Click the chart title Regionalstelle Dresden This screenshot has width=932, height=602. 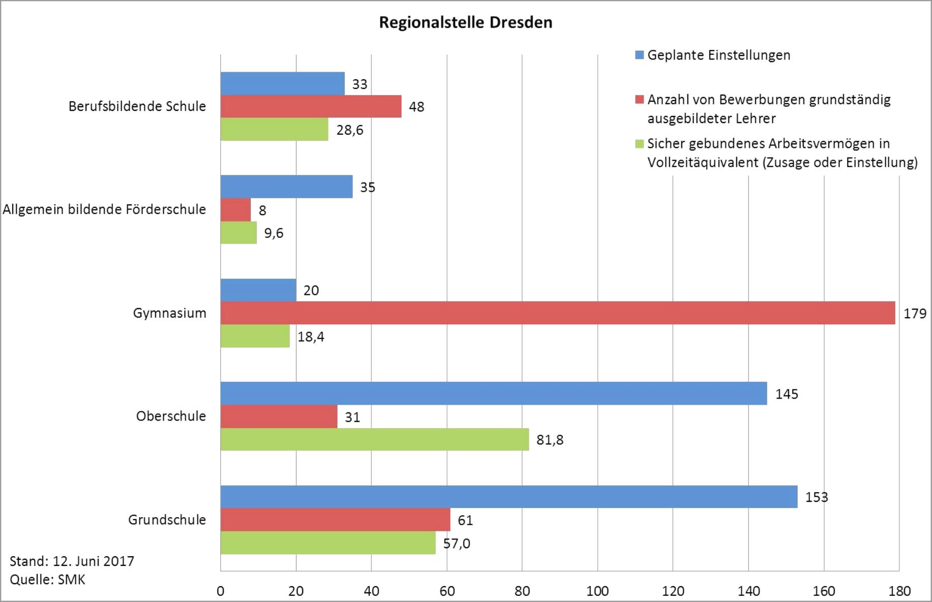[465, 23]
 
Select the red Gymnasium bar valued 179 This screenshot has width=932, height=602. [557, 313]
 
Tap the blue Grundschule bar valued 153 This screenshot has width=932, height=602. [509, 497]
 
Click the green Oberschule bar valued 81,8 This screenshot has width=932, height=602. [374, 439]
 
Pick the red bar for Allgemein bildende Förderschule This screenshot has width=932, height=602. [236, 209]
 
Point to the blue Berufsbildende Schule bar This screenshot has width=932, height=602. [282, 83]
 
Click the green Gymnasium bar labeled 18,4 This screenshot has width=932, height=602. [255, 336]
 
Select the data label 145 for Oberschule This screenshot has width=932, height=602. [787, 394]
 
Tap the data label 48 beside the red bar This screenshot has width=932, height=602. [416, 107]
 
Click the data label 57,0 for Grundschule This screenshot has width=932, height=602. [456, 544]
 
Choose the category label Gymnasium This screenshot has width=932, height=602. [169, 313]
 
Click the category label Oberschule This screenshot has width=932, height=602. [171, 416]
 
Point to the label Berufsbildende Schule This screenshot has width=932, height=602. [137, 106]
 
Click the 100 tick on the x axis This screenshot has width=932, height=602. [597, 591]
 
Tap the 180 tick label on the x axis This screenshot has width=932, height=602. [899, 591]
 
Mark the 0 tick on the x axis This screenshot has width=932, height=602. [220, 591]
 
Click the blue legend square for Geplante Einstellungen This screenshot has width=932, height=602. [639, 55]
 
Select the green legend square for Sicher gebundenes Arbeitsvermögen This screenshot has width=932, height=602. [639, 144]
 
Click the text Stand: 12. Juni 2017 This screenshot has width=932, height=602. [72, 561]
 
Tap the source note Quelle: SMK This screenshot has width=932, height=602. [47, 580]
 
